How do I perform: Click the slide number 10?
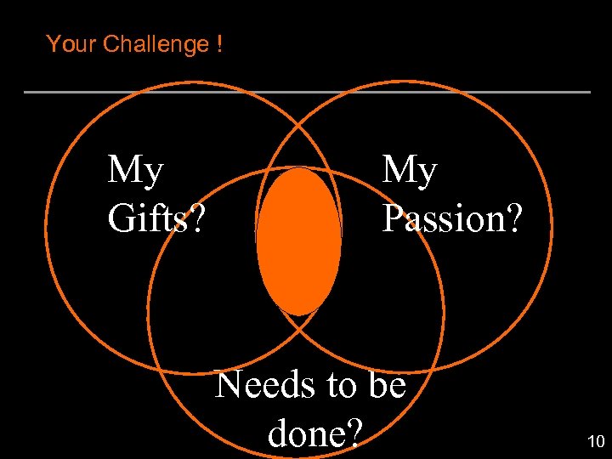click(x=595, y=441)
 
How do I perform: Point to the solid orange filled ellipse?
click(x=299, y=241)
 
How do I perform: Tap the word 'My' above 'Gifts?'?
click(x=135, y=171)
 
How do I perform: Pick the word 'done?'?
click(x=315, y=433)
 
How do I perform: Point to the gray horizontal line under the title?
click(x=306, y=92)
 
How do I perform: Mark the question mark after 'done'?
click(x=354, y=433)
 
